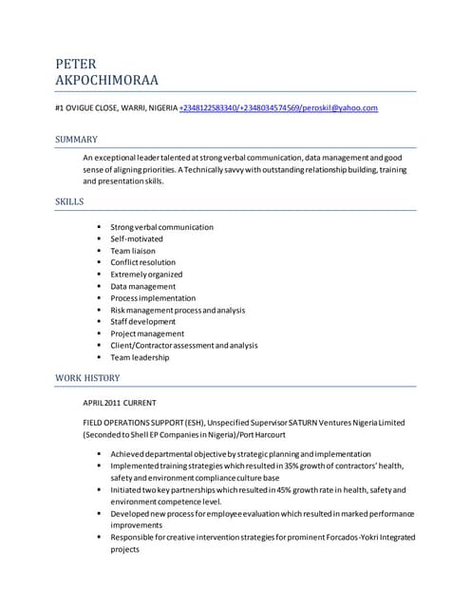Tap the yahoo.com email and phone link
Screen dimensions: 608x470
(x=278, y=108)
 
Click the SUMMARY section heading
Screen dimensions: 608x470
(x=76, y=140)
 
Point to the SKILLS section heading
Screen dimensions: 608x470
(x=69, y=201)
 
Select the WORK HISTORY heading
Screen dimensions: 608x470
(x=87, y=378)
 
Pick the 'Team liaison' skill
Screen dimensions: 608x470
(x=133, y=251)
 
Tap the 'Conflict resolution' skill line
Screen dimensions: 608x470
(x=142, y=262)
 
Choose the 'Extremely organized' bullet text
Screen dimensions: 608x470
(x=145, y=275)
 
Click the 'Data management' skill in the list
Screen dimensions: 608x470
(x=142, y=286)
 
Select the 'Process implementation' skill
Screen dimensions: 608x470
(x=153, y=298)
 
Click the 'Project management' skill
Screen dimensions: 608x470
(x=147, y=333)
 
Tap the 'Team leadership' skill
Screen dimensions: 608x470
(x=140, y=357)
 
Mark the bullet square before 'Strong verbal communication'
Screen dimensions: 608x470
(x=99, y=227)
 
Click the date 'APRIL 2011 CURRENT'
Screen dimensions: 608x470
(x=120, y=403)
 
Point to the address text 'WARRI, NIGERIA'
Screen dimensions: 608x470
(x=147, y=108)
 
